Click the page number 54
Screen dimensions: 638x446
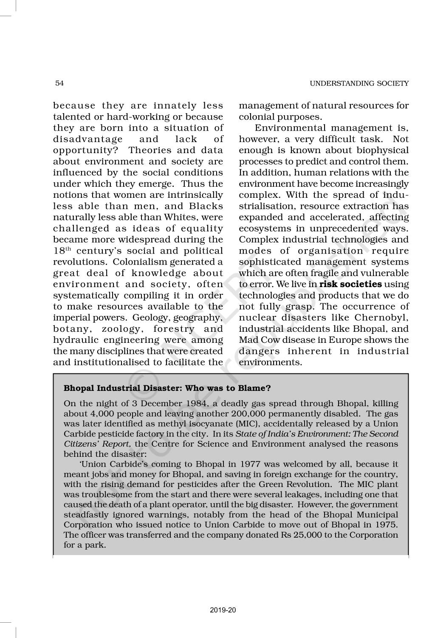(59, 83)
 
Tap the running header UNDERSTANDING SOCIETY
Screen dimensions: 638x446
(359, 83)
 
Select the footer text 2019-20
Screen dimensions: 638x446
(223, 610)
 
